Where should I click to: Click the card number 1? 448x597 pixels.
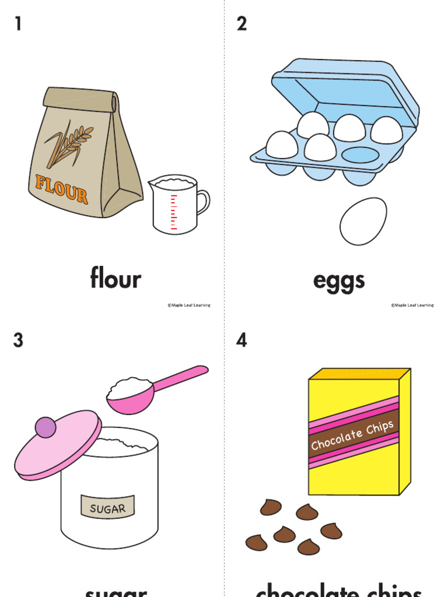[17, 24]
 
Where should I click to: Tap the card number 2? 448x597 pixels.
[242, 24]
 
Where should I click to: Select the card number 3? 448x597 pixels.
[18, 340]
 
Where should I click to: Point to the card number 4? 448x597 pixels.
[242, 340]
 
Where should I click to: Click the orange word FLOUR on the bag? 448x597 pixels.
[61, 188]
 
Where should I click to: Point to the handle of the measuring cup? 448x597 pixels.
[202, 201]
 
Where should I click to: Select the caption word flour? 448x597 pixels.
[116, 278]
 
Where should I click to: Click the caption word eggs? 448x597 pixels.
[339, 280]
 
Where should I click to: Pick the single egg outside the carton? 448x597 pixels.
[363, 221]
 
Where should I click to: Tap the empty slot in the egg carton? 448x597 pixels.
[360, 154]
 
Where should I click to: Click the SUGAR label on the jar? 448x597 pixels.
[108, 508]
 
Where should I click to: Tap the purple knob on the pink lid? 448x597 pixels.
[45, 427]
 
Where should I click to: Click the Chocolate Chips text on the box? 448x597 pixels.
[353, 436]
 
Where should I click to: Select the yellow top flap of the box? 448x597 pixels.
[358, 373]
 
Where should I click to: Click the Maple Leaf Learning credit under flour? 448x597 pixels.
[189, 305]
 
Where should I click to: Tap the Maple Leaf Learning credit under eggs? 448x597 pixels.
[412, 305]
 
